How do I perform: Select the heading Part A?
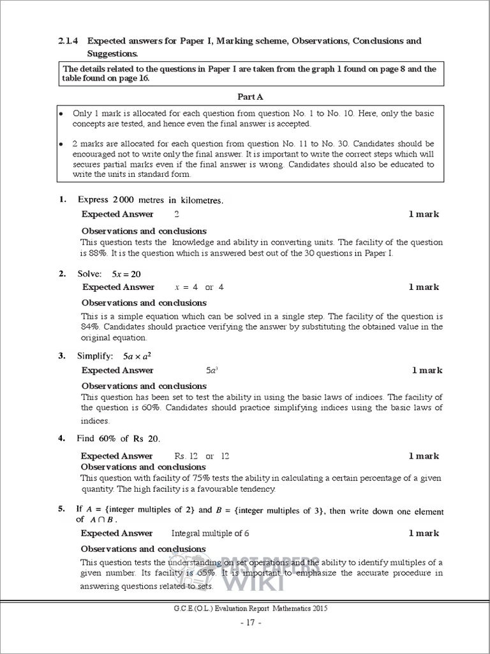(x=250, y=96)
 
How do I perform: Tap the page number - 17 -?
(x=246, y=621)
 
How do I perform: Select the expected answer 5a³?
(x=211, y=370)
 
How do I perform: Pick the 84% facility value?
(x=90, y=327)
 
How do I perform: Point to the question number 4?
(x=62, y=439)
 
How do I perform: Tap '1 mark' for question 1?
(x=424, y=215)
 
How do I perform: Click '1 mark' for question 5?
(x=424, y=533)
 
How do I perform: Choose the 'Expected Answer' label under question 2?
(x=117, y=287)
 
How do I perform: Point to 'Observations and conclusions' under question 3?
(x=144, y=386)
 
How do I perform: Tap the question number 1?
(x=62, y=200)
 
